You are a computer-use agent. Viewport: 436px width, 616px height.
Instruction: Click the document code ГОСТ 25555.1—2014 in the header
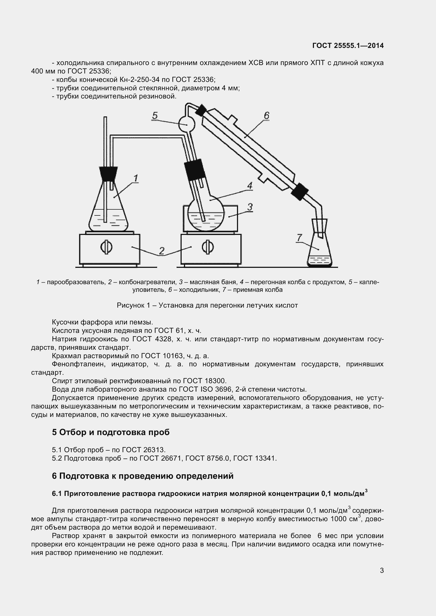pos(348,46)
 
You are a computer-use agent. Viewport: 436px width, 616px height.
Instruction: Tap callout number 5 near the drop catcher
pos(155,116)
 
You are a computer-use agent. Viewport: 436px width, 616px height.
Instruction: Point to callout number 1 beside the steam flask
pos(135,178)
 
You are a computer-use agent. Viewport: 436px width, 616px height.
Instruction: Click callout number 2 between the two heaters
pos(162,251)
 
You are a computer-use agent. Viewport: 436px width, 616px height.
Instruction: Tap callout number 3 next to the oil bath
pos(250,207)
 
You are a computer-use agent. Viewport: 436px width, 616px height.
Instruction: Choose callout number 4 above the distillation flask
pos(250,186)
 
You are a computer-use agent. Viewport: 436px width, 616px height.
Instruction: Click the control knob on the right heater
pos(208,247)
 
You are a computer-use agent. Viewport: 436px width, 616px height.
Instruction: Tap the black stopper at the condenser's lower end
pos(300,191)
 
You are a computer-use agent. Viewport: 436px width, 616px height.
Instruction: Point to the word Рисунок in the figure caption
pos(130,305)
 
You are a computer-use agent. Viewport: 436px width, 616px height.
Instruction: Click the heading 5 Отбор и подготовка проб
pos(111,432)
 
